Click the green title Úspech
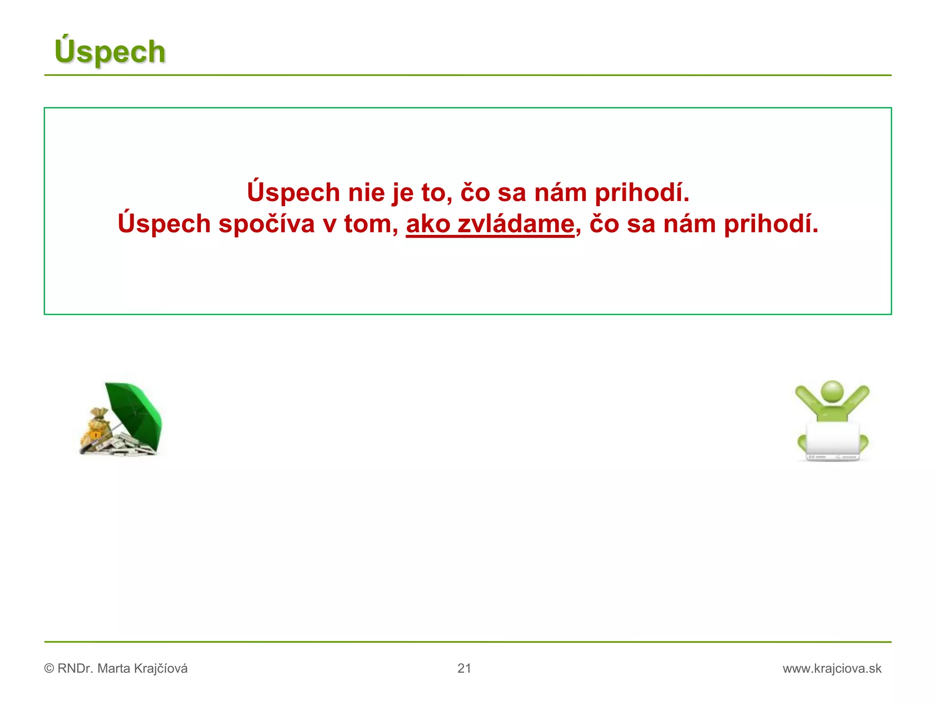point(110,51)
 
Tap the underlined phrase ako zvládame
point(490,224)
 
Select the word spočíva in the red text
point(266,224)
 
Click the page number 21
point(464,668)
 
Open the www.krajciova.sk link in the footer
point(832,669)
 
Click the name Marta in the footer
point(114,669)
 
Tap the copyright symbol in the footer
point(49,669)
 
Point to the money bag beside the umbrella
point(96,427)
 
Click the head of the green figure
point(832,392)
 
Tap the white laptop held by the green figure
point(832,441)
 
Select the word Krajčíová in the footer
point(160,669)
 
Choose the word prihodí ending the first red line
point(642,192)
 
